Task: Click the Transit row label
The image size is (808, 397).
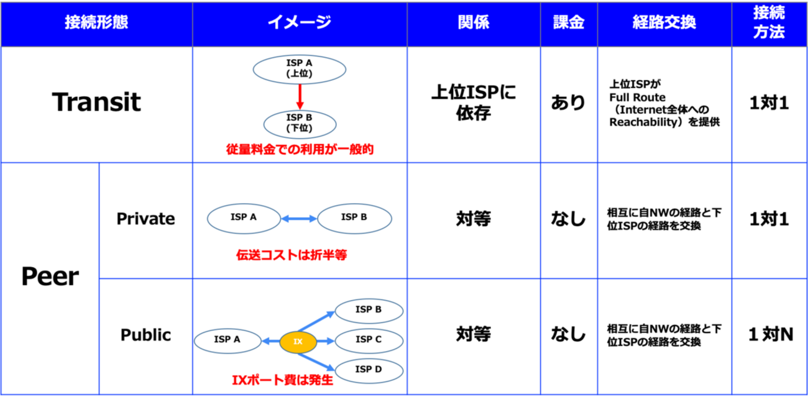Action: pos(96,103)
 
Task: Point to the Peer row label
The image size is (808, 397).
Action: pos(50,277)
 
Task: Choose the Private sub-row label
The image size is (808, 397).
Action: pos(145,219)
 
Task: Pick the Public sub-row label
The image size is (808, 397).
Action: pos(145,335)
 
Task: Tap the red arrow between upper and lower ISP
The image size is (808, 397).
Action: pos(299,96)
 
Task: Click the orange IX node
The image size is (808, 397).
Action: pos(298,341)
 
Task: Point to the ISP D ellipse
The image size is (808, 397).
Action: pos(369,370)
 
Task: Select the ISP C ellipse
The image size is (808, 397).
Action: pos(369,339)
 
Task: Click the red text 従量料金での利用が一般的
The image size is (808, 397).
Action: pos(299,150)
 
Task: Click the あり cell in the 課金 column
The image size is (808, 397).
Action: pos(568,103)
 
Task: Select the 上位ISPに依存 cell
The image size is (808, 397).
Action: pos(473,103)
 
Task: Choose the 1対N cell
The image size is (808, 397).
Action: pos(769,335)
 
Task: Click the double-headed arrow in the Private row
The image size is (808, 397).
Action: pos(299,218)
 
